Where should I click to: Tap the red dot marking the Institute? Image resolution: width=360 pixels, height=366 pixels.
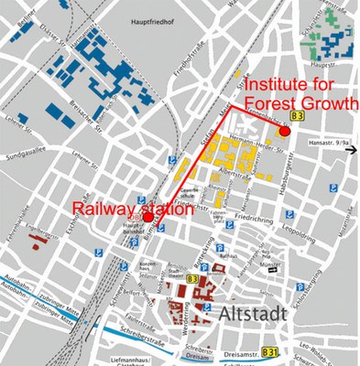click(285, 132)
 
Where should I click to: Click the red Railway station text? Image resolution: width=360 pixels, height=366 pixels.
click(132, 209)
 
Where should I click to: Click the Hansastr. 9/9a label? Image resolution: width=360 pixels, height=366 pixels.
click(331, 144)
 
